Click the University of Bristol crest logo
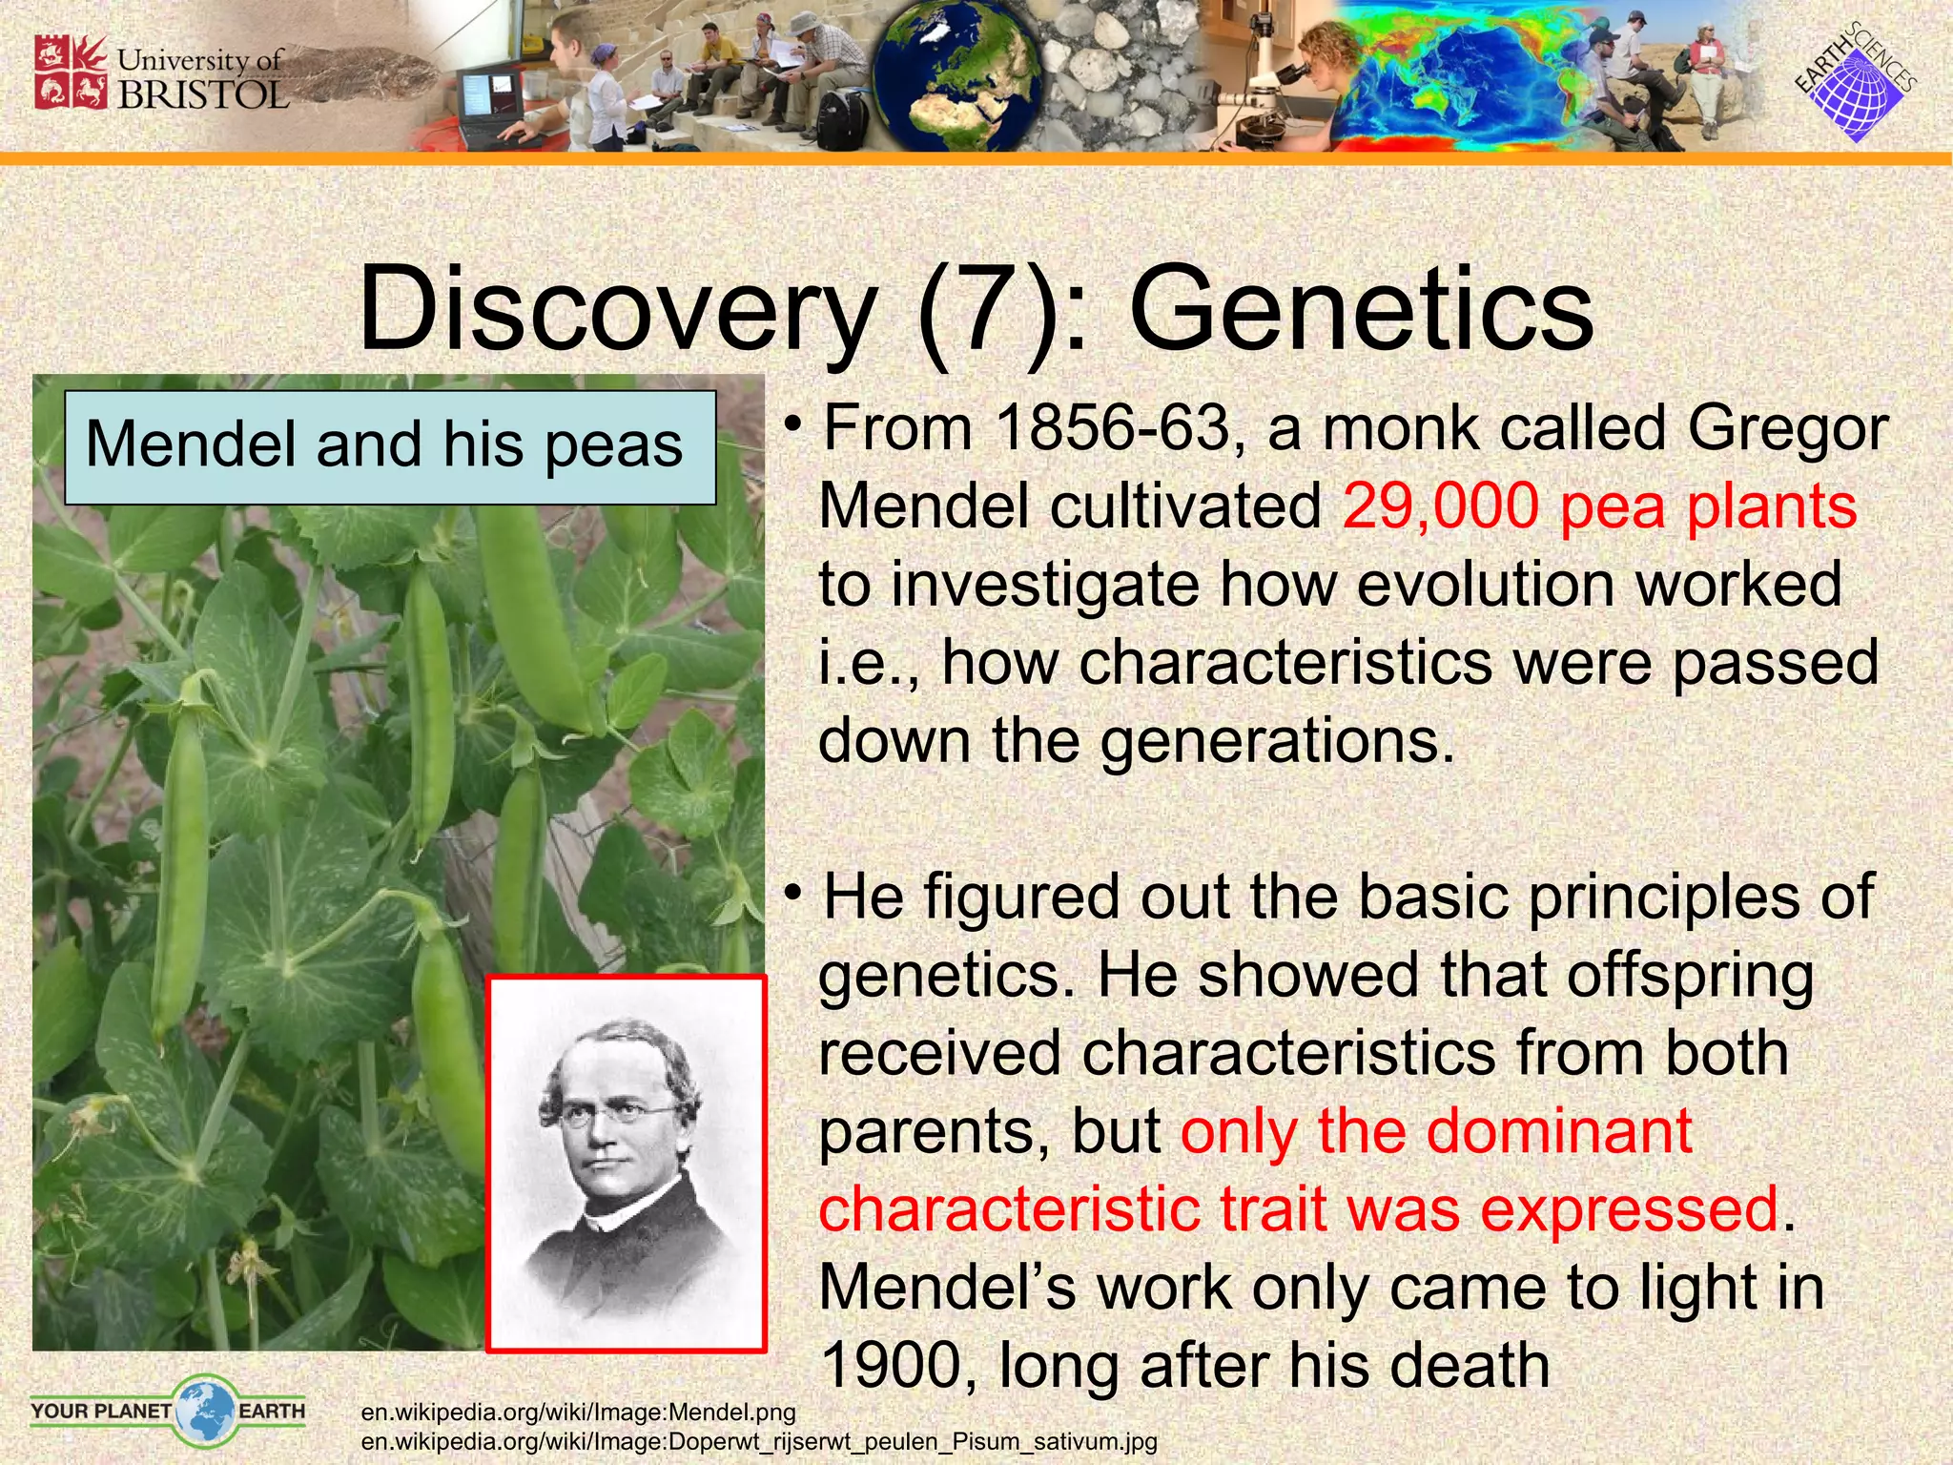tap(70, 72)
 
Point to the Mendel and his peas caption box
tap(390, 446)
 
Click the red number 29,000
tap(1439, 506)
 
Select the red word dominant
tap(1559, 1132)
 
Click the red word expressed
tap(1629, 1209)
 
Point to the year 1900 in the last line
tap(898, 1366)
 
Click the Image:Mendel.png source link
tap(578, 1412)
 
